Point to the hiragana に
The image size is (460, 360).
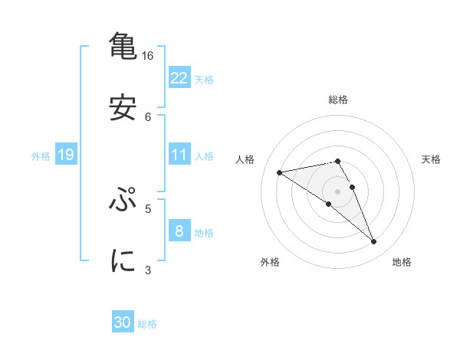[x=123, y=260]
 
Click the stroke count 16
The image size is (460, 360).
[x=148, y=56]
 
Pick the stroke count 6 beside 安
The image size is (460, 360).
[x=148, y=116]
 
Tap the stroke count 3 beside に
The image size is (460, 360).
[x=148, y=270]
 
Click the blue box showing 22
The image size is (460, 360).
[x=179, y=78]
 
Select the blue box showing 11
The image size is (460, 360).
[x=179, y=155]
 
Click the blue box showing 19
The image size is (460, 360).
[x=66, y=155]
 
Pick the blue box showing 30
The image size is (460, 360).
[x=123, y=323]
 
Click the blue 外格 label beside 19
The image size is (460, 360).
[x=41, y=156]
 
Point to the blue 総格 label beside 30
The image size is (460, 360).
[x=147, y=324]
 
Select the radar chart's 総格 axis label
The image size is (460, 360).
[x=338, y=100]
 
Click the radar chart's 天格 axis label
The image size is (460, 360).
[x=431, y=159]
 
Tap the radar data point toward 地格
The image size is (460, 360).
[x=374, y=242]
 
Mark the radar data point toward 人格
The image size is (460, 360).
[x=280, y=172]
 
